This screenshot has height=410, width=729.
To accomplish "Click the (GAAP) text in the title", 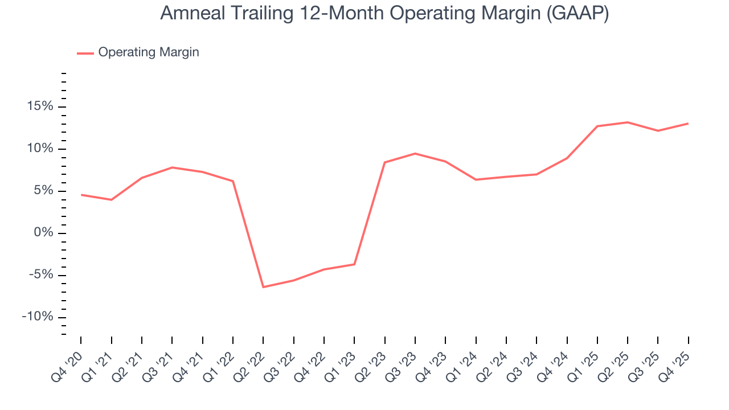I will [x=577, y=14].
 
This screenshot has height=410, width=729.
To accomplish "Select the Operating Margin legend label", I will [x=148, y=52].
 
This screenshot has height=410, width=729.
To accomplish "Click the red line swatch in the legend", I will [x=85, y=53].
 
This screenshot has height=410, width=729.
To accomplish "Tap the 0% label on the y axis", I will [x=44, y=233].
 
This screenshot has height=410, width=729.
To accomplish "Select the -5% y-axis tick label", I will [x=39, y=276].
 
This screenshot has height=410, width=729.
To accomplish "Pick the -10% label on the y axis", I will [x=37, y=317].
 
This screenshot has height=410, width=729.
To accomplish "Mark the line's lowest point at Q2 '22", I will [x=263, y=287].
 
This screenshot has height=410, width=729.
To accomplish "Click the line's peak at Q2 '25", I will [x=628, y=122].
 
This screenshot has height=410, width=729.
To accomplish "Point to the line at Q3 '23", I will [x=415, y=154].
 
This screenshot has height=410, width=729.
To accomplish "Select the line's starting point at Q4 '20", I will [x=81, y=195].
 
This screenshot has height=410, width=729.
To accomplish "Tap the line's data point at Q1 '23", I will [x=354, y=264].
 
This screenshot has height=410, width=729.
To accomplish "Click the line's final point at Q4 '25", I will [x=688, y=124].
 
